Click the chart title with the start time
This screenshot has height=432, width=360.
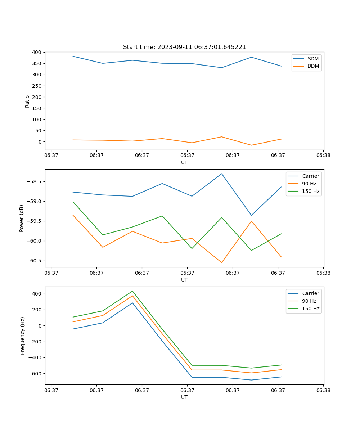pyautogui.click(x=184, y=47)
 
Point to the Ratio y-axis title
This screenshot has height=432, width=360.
pyautogui.click(x=27, y=101)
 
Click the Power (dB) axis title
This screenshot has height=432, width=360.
pyautogui.click(x=22, y=218)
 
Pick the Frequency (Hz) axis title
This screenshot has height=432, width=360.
pyautogui.click(x=23, y=336)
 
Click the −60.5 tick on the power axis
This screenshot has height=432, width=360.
pyautogui.click(x=33, y=261)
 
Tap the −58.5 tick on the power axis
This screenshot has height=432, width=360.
pyautogui.click(x=33, y=181)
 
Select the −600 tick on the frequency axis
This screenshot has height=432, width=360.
pyautogui.click(x=35, y=374)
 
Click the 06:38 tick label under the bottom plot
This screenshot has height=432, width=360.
pyautogui.click(x=323, y=390)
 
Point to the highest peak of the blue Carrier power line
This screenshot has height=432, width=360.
pyautogui.click(x=222, y=174)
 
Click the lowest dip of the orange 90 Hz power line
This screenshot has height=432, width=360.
pyautogui.click(x=222, y=263)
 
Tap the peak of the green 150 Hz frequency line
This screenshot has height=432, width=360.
pyautogui.click(x=132, y=291)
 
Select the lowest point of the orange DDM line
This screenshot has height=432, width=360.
pyautogui.click(x=251, y=145)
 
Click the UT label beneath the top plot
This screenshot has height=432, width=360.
pyautogui.click(x=184, y=162)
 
